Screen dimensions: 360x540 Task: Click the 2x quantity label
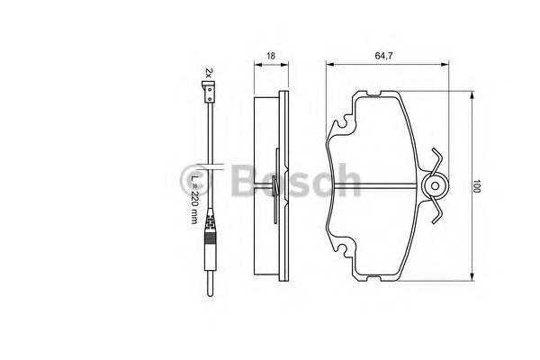[208, 70]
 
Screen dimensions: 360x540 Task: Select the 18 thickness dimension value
[271, 56]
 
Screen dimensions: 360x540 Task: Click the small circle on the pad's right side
[435, 187]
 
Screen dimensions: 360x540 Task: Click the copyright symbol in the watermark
[197, 176]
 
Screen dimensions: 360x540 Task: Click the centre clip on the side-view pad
[273, 186]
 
